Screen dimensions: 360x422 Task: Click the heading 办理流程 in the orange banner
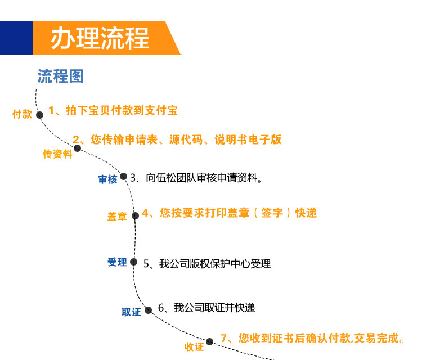[x=100, y=38]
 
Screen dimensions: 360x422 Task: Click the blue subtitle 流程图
[x=61, y=76]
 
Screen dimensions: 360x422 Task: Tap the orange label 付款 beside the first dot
[x=23, y=114]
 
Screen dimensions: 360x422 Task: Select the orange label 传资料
[x=58, y=154]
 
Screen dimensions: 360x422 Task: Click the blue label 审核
[x=107, y=179]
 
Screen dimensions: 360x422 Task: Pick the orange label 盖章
[x=118, y=217]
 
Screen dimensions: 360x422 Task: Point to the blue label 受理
[x=118, y=262]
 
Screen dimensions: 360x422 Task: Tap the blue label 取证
[x=131, y=312]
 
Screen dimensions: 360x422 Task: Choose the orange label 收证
[x=194, y=347]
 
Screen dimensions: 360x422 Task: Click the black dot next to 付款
[x=39, y=115]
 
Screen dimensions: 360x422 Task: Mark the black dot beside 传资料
[x=78, y=148]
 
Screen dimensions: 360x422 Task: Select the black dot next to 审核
[x=123, y=176]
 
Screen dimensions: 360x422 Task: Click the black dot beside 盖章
[x=135, y=215]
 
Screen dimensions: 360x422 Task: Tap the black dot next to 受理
[x=134, y=262]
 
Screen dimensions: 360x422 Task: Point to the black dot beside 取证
[x=149, y=310]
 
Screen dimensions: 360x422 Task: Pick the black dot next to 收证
[x=209, y=341]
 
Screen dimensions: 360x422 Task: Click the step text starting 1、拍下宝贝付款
[x=113, y=110]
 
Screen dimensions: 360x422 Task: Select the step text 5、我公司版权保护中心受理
[x=207, y=263]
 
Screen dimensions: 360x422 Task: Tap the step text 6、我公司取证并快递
[x=206, y=308]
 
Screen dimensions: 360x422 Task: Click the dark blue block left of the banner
[x=16, y=38]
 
